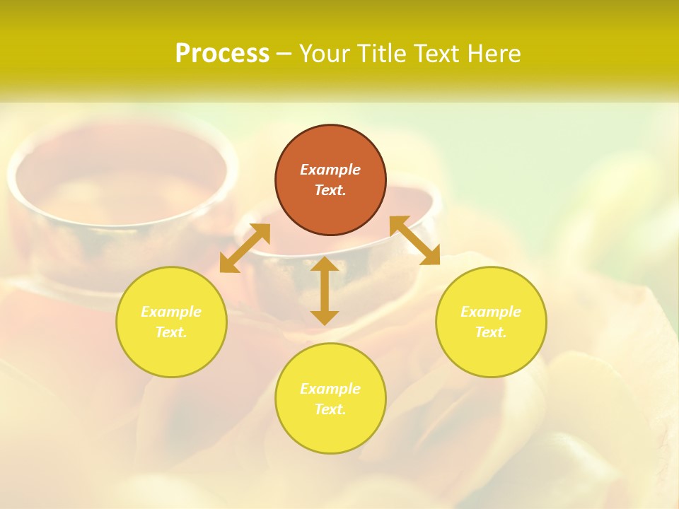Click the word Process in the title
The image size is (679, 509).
222,54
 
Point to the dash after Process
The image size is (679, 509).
284,54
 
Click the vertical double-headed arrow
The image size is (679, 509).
325,291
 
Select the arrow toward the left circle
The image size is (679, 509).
245,248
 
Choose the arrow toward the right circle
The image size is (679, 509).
414,240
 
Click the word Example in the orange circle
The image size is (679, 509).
330,170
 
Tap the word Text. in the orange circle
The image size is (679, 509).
330,190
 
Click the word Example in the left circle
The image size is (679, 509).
171,312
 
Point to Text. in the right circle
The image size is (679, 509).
491,332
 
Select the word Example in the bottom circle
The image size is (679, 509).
330,389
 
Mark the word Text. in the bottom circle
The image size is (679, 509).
330,409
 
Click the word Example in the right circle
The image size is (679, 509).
491,312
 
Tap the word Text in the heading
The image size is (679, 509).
435,54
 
